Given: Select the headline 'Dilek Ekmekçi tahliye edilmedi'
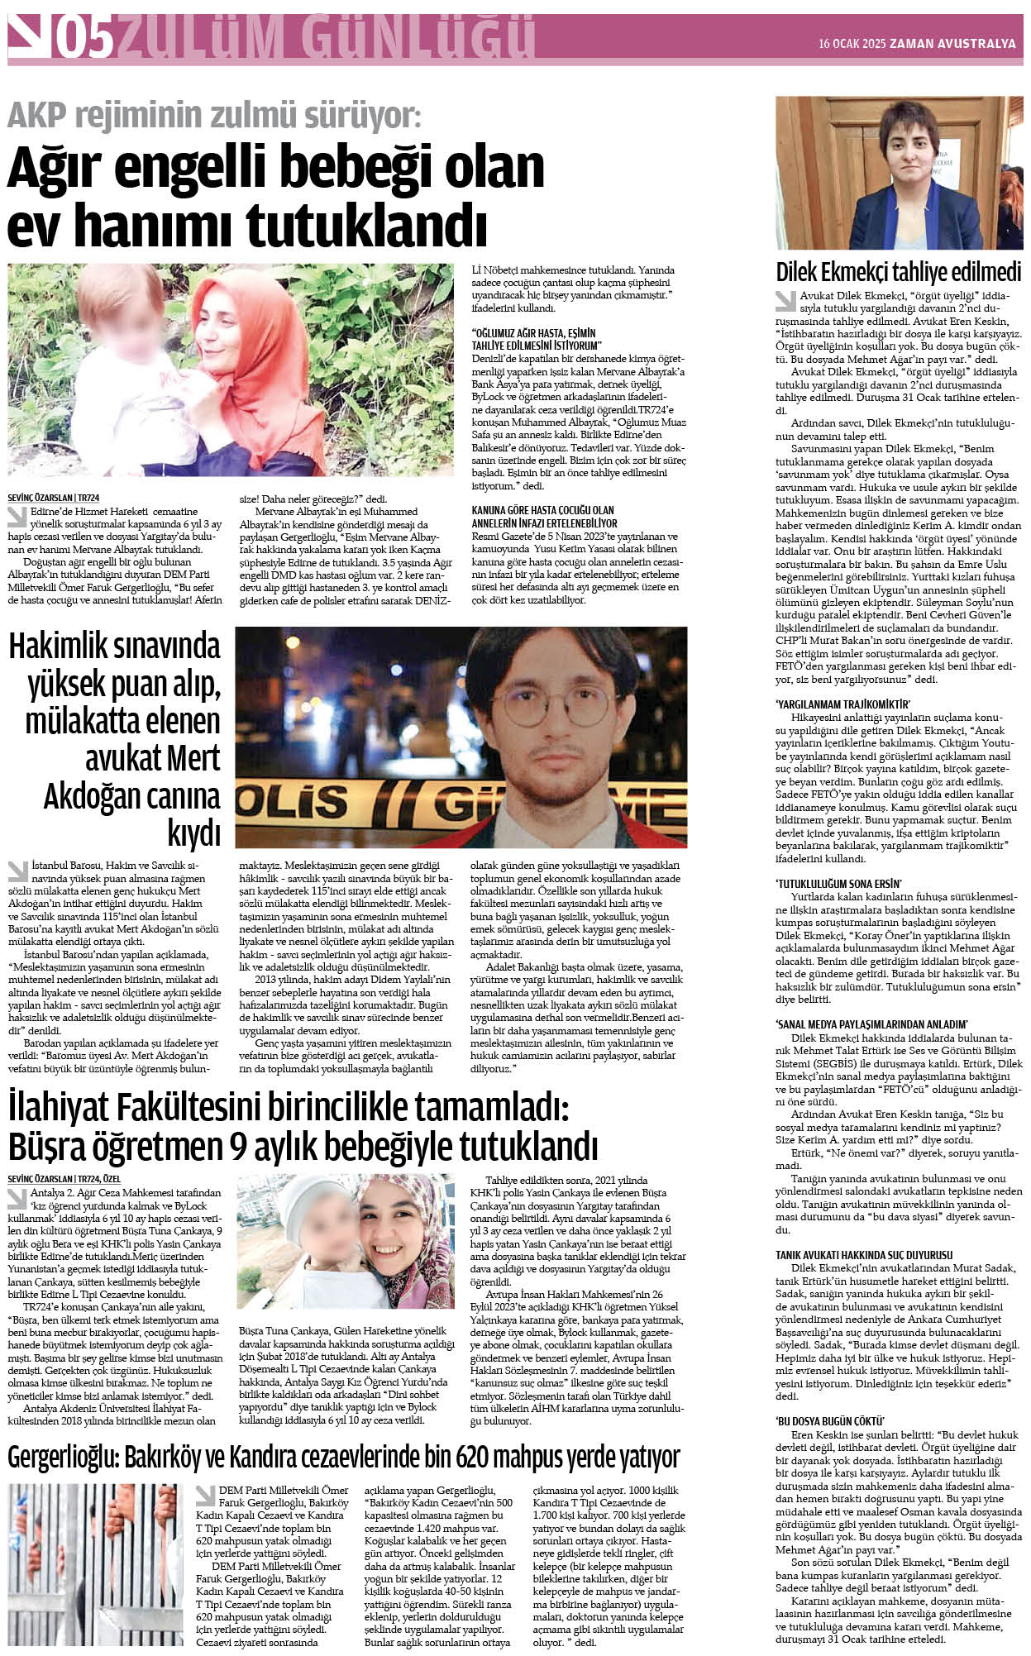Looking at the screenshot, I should [x=898, y=272].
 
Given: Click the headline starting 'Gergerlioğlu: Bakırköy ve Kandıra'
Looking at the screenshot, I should [x=343, y=1456].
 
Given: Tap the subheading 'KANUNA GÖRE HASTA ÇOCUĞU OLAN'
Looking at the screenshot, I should [x=543, y=510].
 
